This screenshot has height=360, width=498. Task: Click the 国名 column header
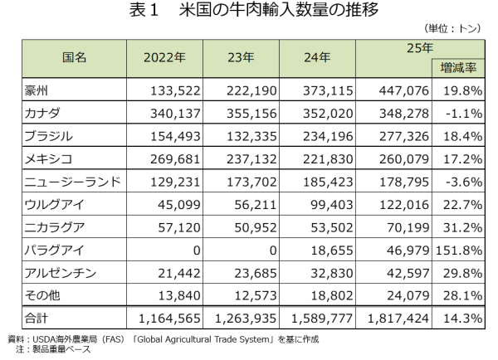point(75,57)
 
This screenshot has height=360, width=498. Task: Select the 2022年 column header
point(164,57)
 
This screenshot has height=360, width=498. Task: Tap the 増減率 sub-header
point(458,68)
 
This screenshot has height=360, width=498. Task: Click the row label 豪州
point(37,90)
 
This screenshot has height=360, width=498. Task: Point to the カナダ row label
point(42,114)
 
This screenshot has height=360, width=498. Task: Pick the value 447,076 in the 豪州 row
point(404,90)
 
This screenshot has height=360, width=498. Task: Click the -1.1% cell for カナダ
point(464,114)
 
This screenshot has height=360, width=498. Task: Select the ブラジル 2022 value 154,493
point(175,136)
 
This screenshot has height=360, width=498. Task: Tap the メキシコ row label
point(48,159)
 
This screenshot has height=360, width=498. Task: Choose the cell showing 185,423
point(328,182)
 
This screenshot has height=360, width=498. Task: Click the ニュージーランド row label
point(73,182)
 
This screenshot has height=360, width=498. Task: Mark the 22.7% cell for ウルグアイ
point(463,205)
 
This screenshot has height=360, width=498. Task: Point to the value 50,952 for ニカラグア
point(256,227)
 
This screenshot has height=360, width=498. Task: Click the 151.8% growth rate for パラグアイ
point(459,251)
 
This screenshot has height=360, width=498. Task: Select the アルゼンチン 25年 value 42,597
point(408,273)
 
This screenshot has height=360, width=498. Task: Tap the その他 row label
point(42,295)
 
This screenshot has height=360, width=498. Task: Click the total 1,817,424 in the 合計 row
point(398,318)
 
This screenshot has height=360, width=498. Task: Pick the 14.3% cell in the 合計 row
point(463,318)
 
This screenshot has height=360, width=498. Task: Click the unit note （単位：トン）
point(452,28)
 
